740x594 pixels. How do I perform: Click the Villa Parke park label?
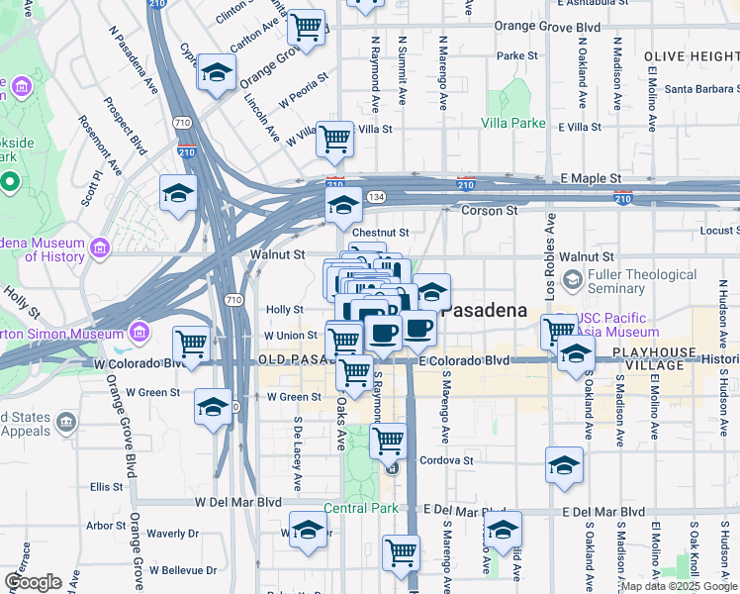(513, 123)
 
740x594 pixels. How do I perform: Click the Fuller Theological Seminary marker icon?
(573, 281)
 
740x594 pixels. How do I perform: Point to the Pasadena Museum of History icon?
(99, 247)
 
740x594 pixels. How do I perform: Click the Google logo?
(33, 582)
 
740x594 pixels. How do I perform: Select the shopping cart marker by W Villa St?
(335, 138)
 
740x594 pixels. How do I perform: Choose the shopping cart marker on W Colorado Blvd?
(191, 345)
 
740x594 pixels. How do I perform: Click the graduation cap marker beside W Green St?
(214, 407)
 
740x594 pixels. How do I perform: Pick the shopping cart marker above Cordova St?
(390, 439)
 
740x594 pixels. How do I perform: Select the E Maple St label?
(590, 178)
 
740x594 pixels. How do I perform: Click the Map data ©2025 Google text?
(678, 586)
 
